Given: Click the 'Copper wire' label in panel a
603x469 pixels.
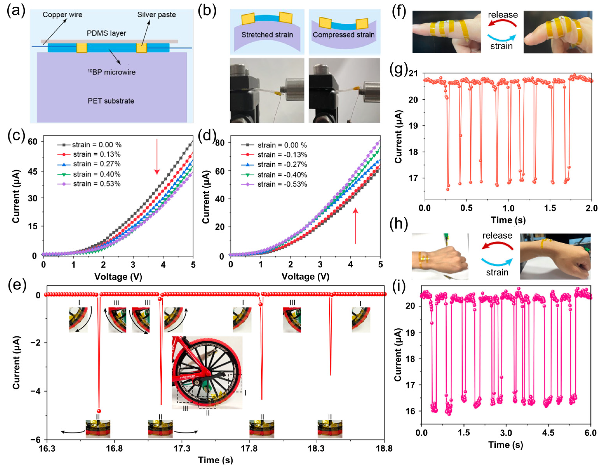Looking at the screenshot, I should [62, 15].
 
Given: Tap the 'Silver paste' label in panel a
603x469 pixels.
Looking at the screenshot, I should [156, 15].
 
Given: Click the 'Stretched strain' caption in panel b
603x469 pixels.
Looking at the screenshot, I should [267, 35].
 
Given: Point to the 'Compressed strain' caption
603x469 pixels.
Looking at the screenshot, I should [344, 35].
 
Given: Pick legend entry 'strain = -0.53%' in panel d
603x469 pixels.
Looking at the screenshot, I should [282, 184].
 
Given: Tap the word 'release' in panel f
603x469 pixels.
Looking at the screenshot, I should [503, 15].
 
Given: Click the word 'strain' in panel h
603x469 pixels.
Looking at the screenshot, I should [497, 272].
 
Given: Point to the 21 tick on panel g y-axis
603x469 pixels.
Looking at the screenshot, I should [413, 74].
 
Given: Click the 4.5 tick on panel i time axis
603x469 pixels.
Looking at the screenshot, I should [548, 433].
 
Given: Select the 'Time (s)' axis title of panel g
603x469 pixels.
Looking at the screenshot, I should [508, 220].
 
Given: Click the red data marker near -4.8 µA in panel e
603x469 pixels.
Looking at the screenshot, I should [99, 411].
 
